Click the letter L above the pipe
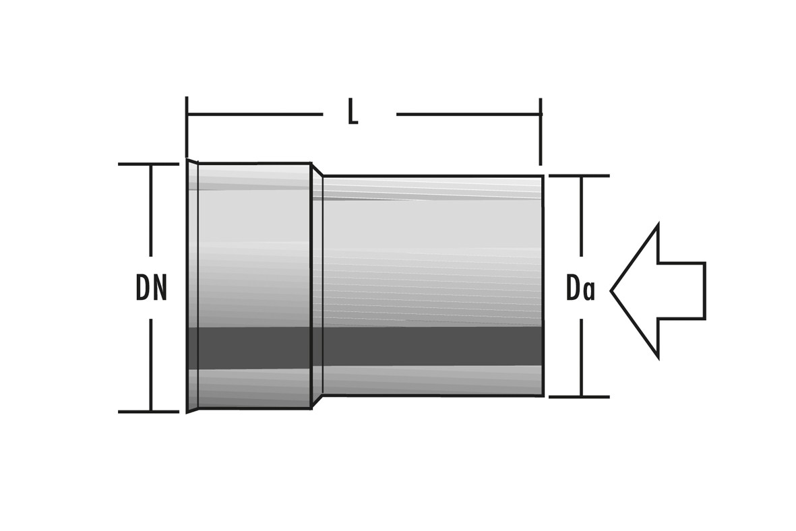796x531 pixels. [x=353, y=113]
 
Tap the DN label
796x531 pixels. [x=151, y=288]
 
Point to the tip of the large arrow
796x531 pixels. [x=613, y=290]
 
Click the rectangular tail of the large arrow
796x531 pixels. [x=681, y=290]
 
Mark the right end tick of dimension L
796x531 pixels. [x=541, y=131]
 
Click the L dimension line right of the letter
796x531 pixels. [x=468, y=115]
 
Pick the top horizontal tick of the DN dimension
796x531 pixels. [x=148, y=164]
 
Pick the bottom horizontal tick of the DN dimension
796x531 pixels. [x=148, y=411]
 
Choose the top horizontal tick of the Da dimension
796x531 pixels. [x=579, y=176]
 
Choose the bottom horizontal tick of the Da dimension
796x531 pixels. [x=579, y=397]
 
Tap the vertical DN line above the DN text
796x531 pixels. [x=150, y=216]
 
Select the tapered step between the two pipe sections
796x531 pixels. [x=317, y=286]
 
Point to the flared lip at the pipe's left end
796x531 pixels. [x=192, y=286]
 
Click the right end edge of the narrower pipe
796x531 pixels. [x=543, y=286]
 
